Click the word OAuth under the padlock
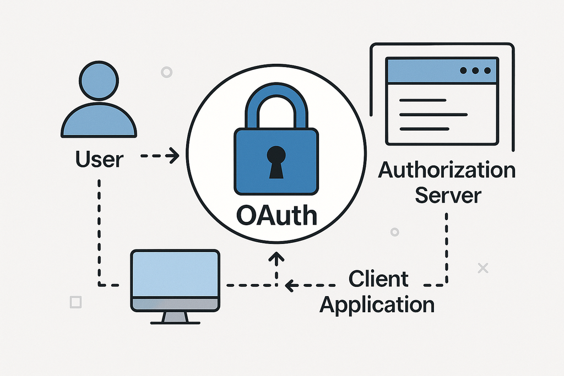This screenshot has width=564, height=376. point(276,215)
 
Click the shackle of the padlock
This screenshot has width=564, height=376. point(276,102)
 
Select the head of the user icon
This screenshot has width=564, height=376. point(99,80)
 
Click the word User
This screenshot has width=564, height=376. point(99,159)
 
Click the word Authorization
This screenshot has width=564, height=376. point(447,170)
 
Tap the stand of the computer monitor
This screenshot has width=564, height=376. point(175,317)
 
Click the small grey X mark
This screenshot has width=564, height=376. point(483,268)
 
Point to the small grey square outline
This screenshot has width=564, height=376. point(76,302)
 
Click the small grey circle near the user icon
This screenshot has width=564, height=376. point(166,72)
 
